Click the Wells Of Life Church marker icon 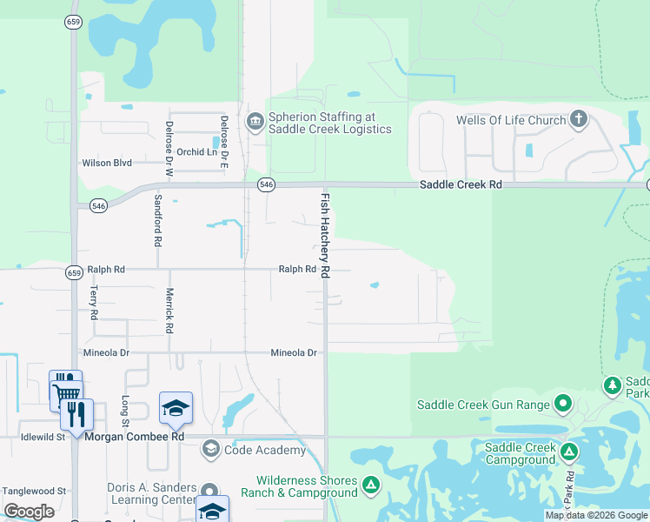(x=579, y=120)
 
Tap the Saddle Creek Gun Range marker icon (x=563, y=404)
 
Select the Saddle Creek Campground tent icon (x=569, y=452)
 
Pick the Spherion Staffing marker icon (x=255, y=121)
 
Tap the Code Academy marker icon (x=210, y=450)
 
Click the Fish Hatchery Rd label (x=325, y=235)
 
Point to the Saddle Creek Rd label (x=461, y=185)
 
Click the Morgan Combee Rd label (x=135, y=437)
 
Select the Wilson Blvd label (x=106, y=163)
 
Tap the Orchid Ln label (x=196, y=152)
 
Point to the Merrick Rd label (x=170, y=311)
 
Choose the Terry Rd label (x=94, y=304)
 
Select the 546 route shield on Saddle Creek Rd (x=267, y=184)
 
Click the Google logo (x=29, y=512)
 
